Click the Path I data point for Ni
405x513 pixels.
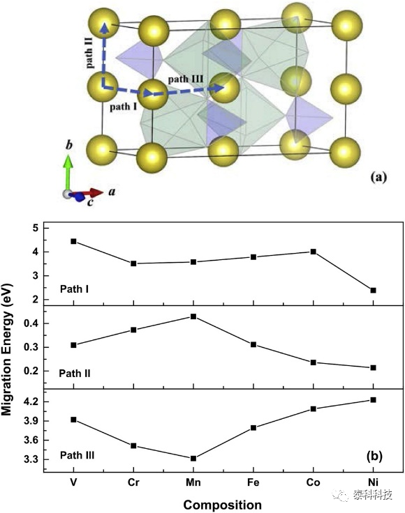pos(373,290)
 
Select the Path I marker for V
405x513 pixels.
pos(73,241)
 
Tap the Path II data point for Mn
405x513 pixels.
pos(193,316)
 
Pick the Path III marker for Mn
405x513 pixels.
pos(193,459)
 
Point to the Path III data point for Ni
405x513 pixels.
pos(373,400)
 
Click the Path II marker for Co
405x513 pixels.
pos(314,362)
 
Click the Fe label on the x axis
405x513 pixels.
pos(253,482)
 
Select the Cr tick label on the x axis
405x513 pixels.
pos(133,482)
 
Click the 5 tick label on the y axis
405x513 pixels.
pos(36,228)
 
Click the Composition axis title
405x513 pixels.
pos(223,505)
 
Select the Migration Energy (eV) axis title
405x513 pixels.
pos(7,349)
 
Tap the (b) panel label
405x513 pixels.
pos(374,456)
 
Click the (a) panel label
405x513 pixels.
pos(378,177)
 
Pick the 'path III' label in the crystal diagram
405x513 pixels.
pos(186,79)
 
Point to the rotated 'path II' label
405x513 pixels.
pos(89,53)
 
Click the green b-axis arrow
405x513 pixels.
pos(68,174)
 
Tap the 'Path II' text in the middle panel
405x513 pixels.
pos(75,374)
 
